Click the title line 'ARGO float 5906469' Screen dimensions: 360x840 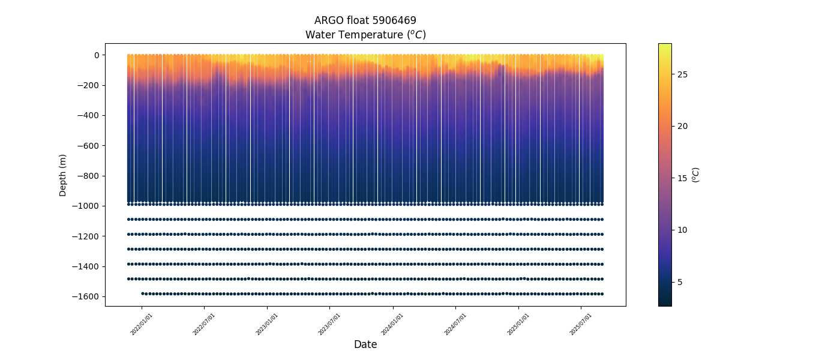(x=365, y=20)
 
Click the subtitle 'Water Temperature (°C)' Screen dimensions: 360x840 (x=365, y=35)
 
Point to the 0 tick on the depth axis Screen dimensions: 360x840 (x=96, y=55)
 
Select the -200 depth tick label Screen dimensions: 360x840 (x=88, y=85)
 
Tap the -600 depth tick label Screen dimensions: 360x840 (x=88, y=146)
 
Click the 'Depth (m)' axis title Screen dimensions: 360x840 (x=62, y=175)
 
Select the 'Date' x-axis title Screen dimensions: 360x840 (x=365, y=344)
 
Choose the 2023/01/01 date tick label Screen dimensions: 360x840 (x=268, y=324)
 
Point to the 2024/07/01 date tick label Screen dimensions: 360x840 (x=456, y=324)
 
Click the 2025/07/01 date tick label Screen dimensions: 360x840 (x=581, y=324)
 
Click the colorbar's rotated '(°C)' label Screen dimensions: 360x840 (x=695, y=175)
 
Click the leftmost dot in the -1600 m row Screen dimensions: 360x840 (x=142, y=293)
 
